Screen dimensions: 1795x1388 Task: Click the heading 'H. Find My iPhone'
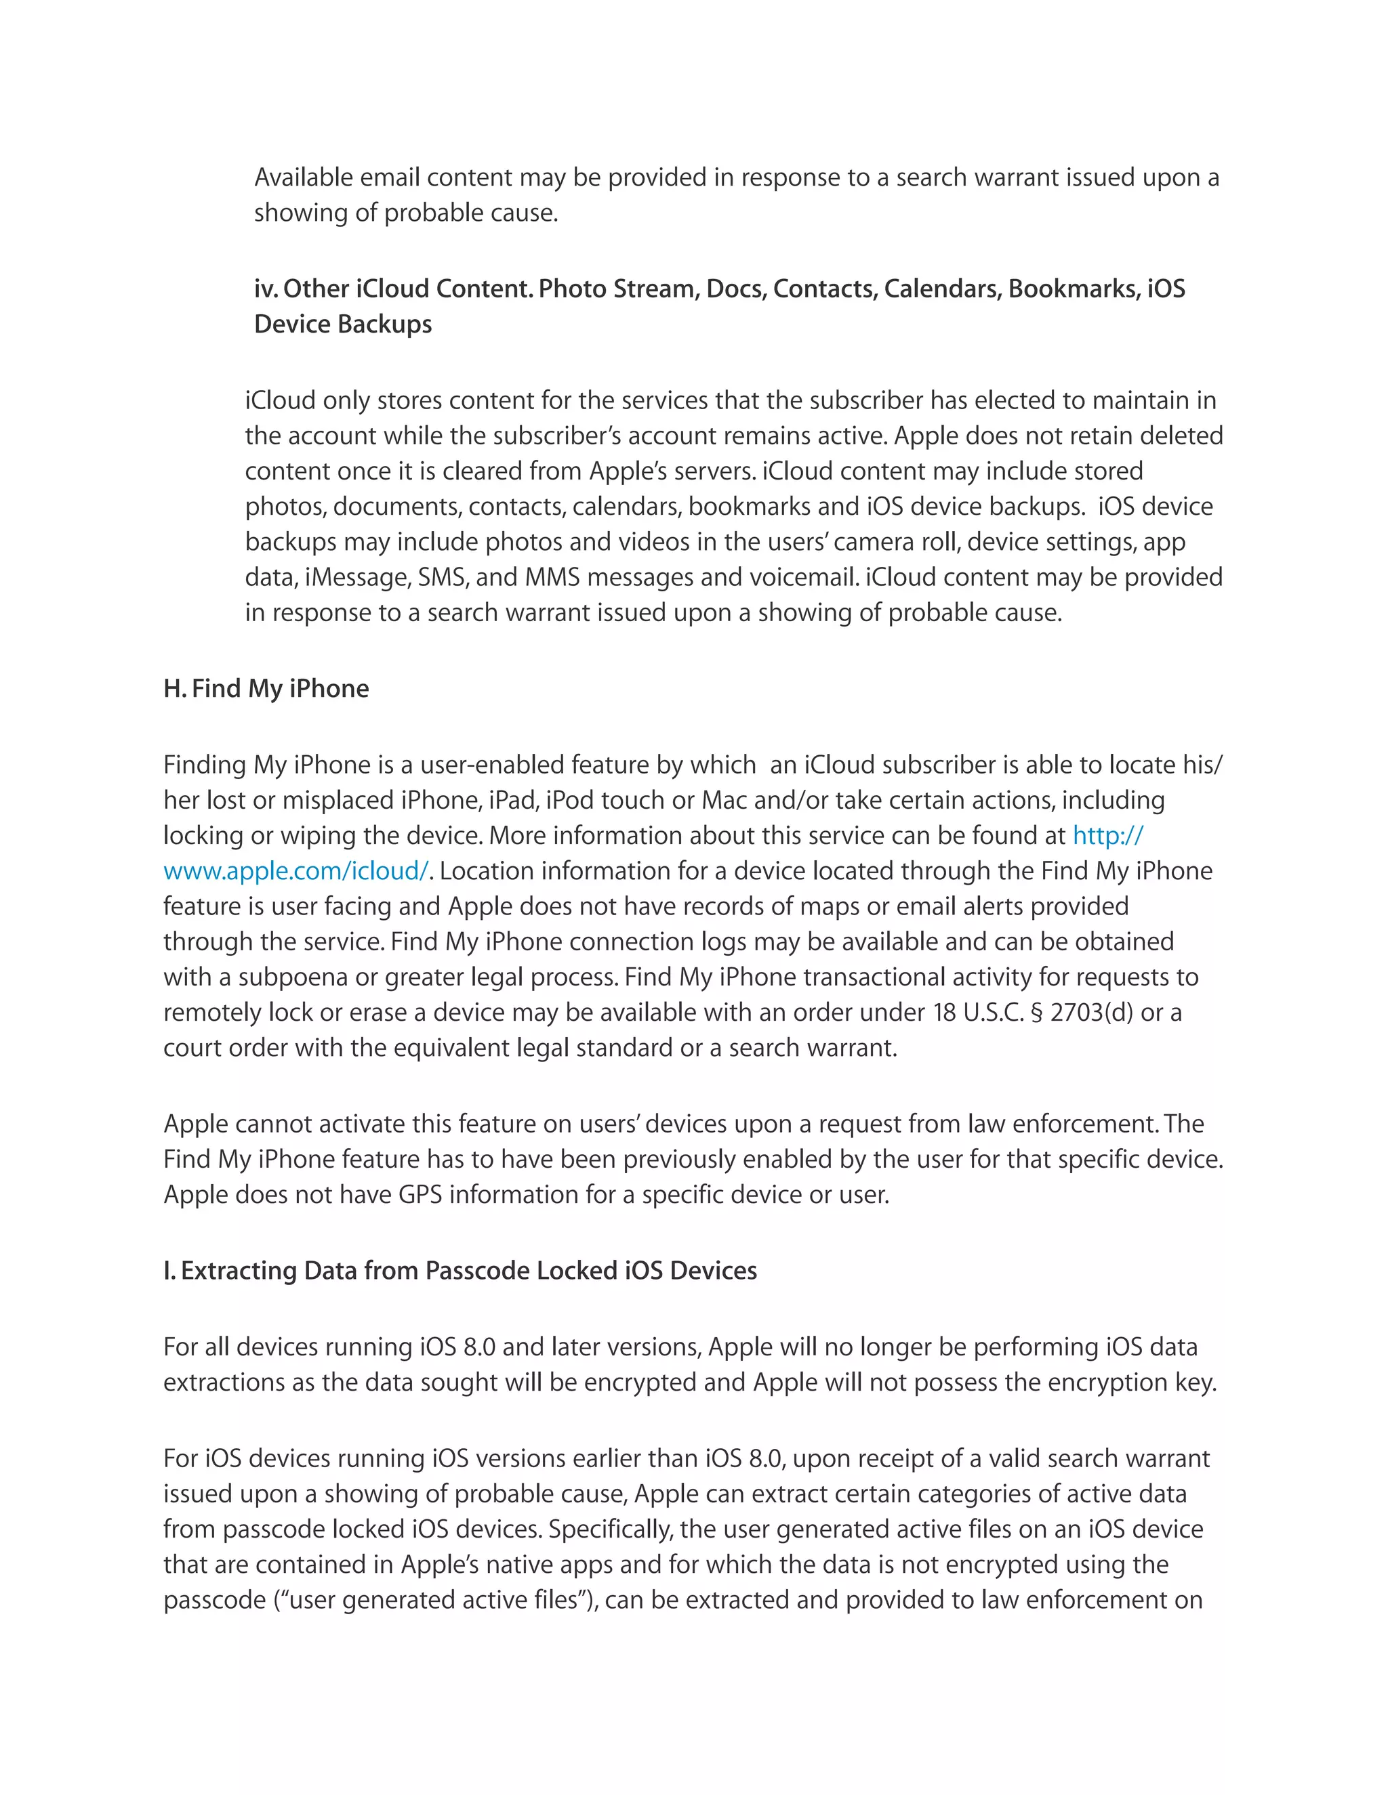click(266, 688)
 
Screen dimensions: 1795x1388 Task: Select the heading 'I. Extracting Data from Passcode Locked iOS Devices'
click(460, 1270)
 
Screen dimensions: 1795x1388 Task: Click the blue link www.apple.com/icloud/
click(296, 870)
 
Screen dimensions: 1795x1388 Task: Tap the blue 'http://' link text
click(1107, 835)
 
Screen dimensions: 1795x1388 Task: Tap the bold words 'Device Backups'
click(343, 324)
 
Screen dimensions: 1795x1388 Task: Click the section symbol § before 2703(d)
click(1036, 1012)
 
